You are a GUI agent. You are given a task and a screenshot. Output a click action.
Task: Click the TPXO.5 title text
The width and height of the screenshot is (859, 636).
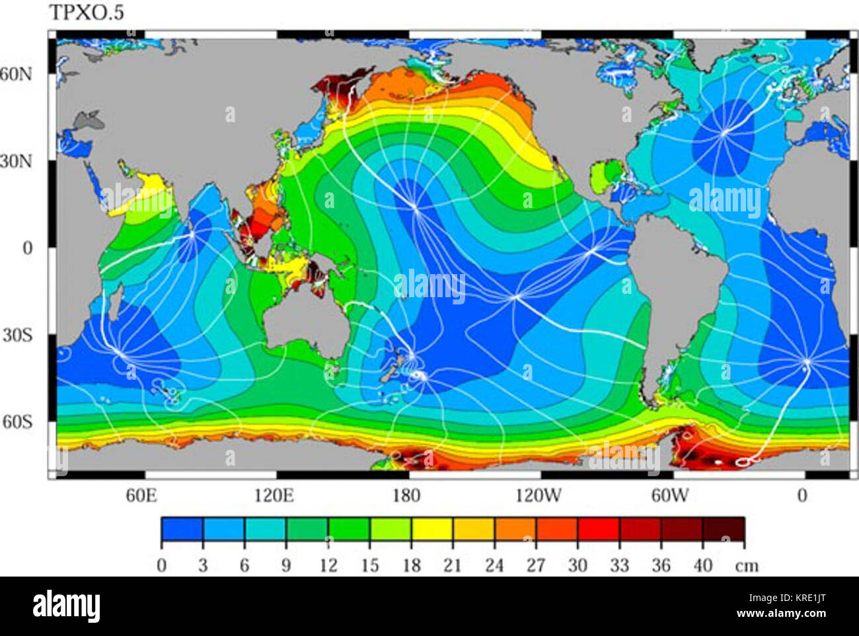pos(87,13)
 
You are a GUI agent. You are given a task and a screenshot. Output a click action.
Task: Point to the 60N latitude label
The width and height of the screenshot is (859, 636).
pos(17,73)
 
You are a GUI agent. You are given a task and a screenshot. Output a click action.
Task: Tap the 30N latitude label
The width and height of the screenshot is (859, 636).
pos(17,161)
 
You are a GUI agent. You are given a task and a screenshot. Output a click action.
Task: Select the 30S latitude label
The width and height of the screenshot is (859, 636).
pos(18,335)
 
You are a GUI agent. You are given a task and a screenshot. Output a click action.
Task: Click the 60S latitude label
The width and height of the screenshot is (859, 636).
pos(18,421)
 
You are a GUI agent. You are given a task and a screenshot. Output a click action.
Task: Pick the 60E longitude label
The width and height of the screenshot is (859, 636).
pos(141,495)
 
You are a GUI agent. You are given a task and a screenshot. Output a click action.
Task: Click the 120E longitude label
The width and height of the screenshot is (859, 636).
pos(274,495)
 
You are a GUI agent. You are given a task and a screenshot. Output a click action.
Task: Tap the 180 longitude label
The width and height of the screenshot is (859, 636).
pos(406,495)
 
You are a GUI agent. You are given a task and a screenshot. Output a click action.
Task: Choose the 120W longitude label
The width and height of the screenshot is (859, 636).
pos(538,495)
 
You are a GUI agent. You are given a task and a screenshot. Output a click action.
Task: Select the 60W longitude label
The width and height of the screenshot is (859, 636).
pos(669,495)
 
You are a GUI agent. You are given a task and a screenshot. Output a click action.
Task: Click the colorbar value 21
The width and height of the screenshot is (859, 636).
pos(452,565)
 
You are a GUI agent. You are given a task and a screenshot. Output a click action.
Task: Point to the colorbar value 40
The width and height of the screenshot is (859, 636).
pos(702,565)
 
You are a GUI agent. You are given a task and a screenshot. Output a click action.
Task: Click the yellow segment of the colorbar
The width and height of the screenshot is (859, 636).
pos(431,529)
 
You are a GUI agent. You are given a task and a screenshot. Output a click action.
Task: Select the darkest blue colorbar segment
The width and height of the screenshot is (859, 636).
pos(182,529)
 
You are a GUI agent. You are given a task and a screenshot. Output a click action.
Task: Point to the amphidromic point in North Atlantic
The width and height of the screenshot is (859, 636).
pos(725,131)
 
